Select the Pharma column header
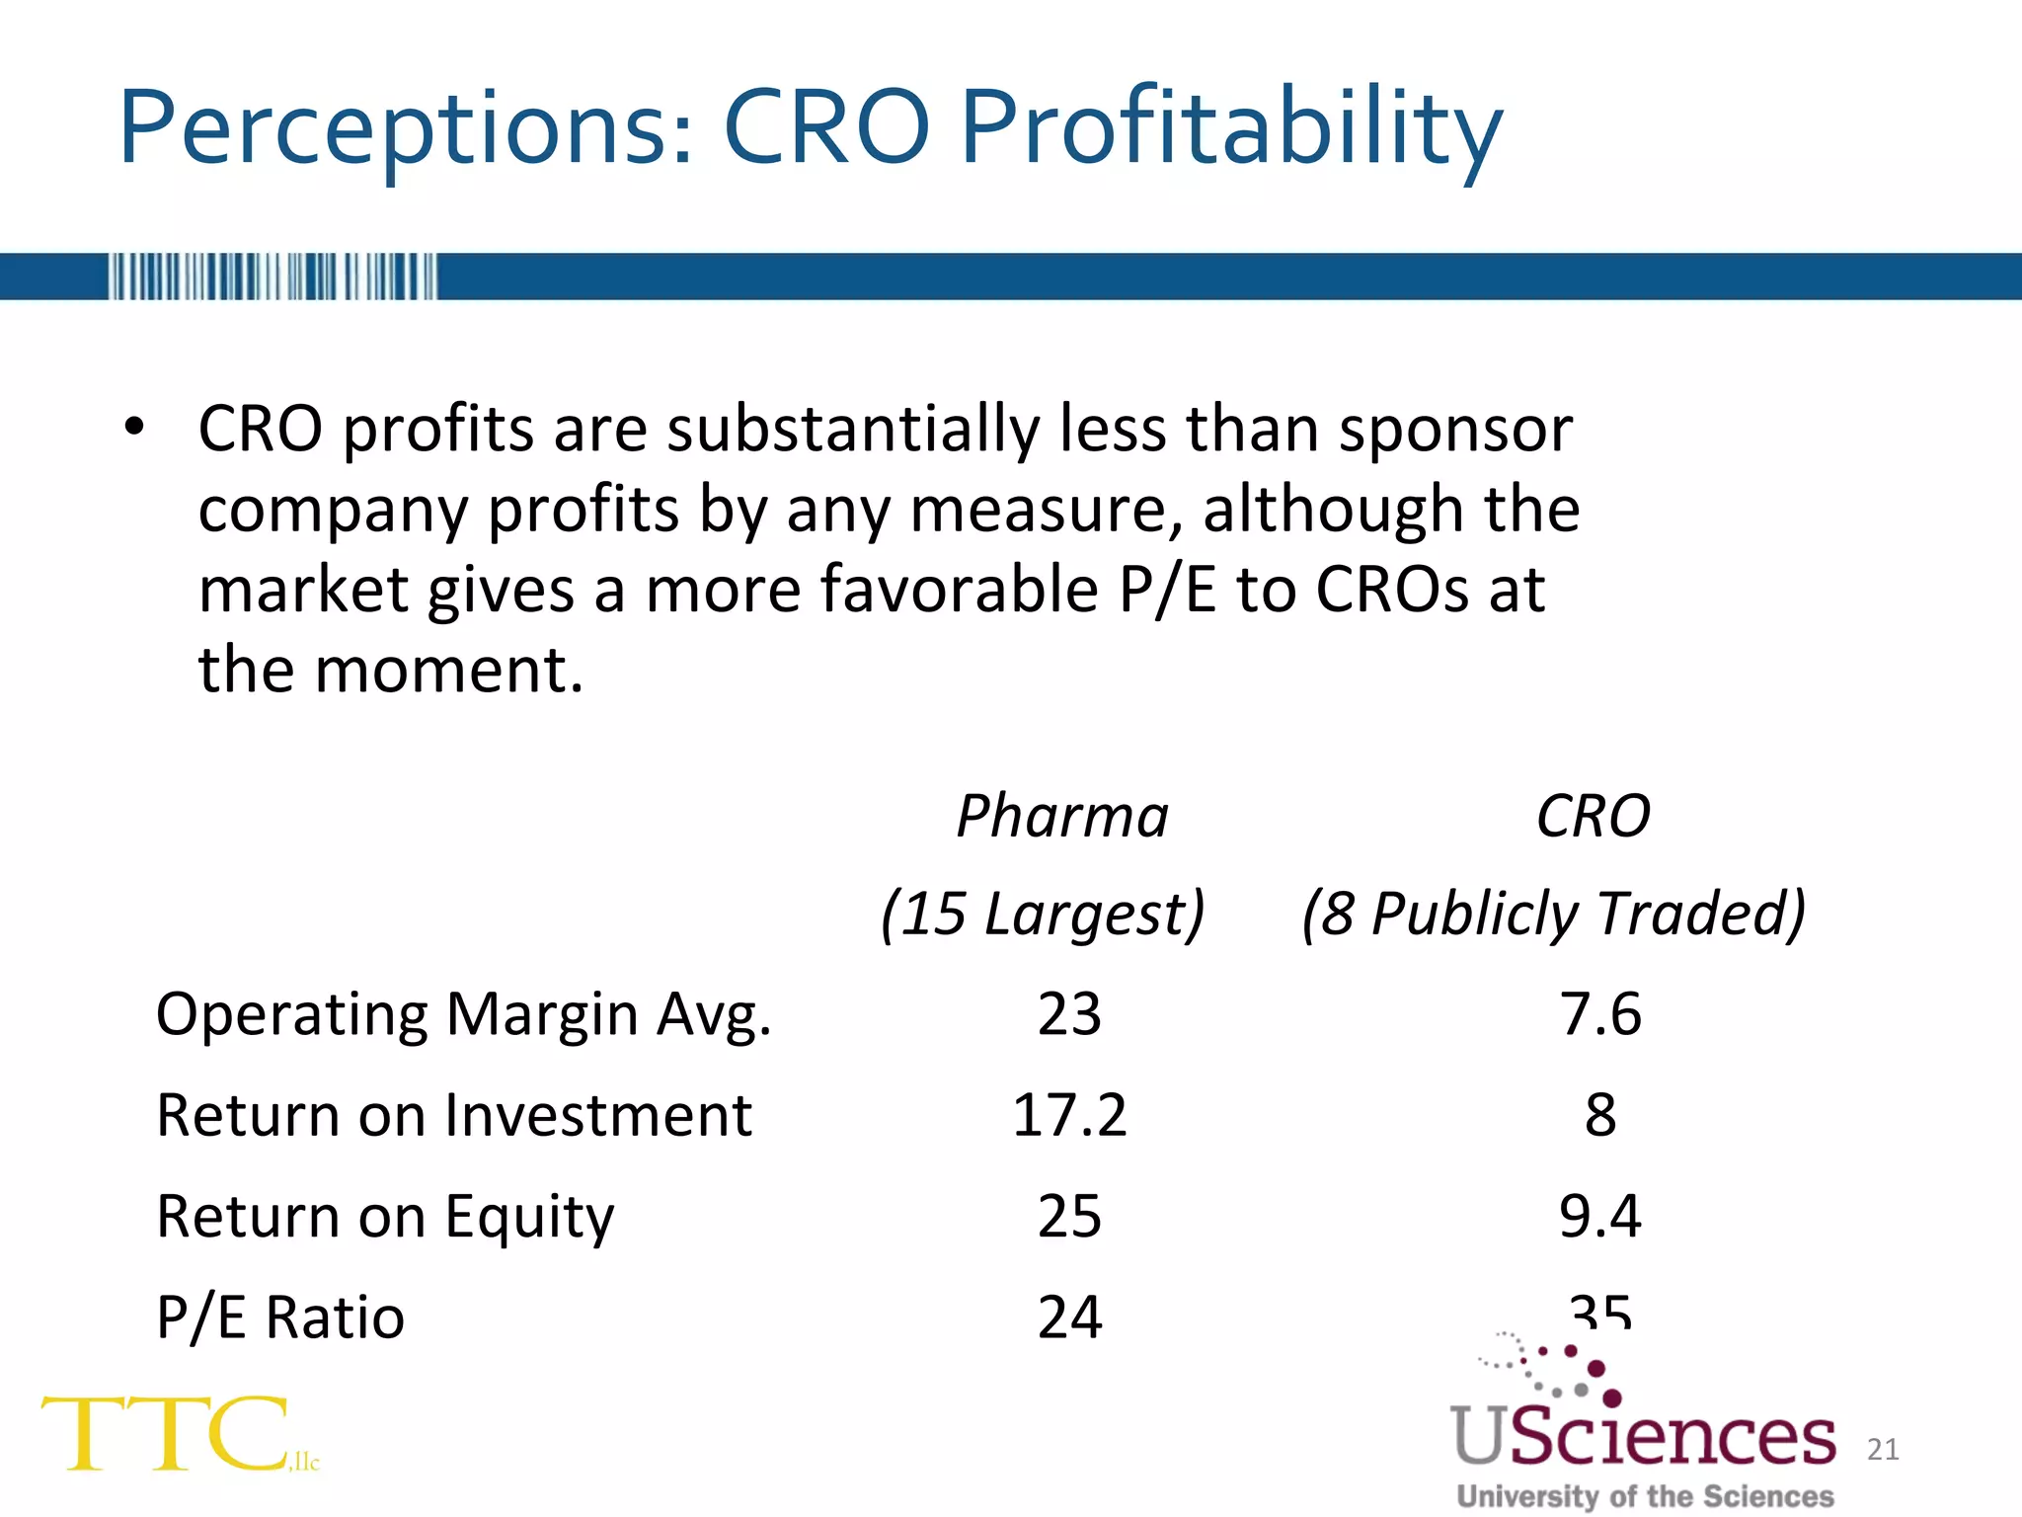point(1062,817)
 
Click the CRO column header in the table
point(1593,817)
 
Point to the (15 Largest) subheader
point(1043,914)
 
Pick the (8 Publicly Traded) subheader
point(1553,914)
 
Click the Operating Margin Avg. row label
point(463,1015)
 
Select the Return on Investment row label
point(454,1116)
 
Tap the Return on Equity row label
point(385,1217)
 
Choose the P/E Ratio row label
point(280,1317)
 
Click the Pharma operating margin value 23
point(1069,1015)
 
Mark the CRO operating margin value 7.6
point(1600,1015)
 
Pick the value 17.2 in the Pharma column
point(1069,1116)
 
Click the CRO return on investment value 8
point(1600,1116)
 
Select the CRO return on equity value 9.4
point(1600,1217)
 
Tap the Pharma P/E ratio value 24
point(1069,1317)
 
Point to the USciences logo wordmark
point(1643,1437)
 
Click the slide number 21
point(1883,1449)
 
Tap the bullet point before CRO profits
point(134,429)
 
